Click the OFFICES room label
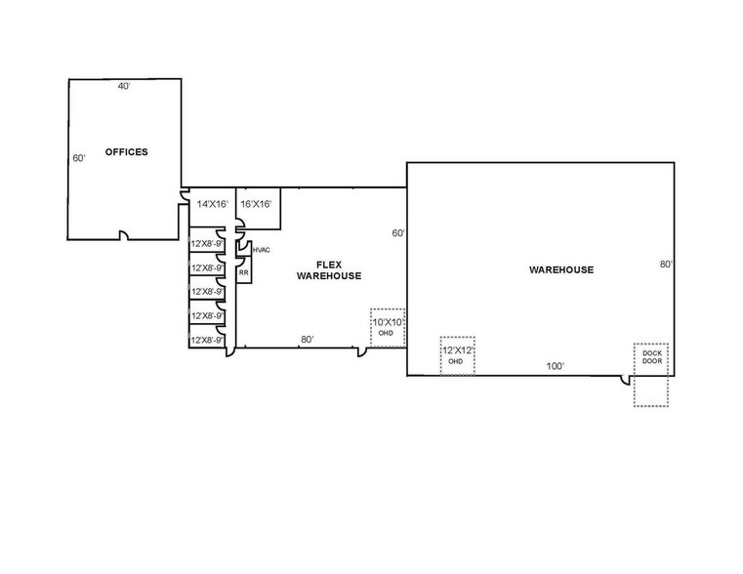(127, 152)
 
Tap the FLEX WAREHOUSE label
(329, 270)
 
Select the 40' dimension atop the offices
(124, 86)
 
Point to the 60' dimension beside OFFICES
(79, 158)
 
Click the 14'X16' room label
(213, 204)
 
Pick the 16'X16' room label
(256, 204)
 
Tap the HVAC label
(261, 250)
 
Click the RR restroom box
(243, 270)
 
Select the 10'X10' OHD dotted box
(388, 328)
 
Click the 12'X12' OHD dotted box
(457, 355)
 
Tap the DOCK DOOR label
(652, 357)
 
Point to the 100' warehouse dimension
(555, 366)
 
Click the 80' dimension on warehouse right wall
(666, 265)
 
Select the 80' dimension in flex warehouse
(307, 340)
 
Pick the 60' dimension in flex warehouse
(398, 233)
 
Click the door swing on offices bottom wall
(124, 234)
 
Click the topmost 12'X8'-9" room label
(207, 244)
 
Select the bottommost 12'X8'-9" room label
(207, 340)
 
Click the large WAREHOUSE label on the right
(561, 270)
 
